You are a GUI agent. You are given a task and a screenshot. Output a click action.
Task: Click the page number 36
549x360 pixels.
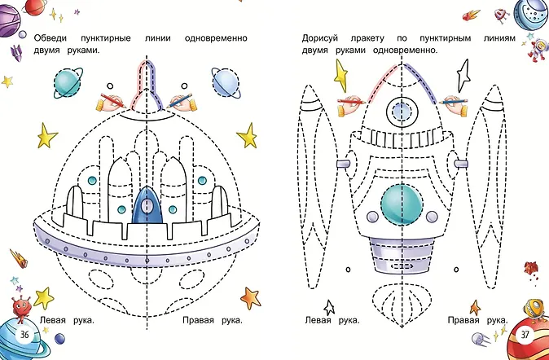(x=25, y=336)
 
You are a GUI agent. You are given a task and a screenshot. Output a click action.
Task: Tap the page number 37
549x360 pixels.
(x=525, y=334)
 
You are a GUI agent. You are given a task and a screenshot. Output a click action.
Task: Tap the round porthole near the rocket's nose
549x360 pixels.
(x=399, y=110)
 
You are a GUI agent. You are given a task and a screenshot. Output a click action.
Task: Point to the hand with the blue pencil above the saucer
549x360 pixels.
(x=181, y=101)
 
